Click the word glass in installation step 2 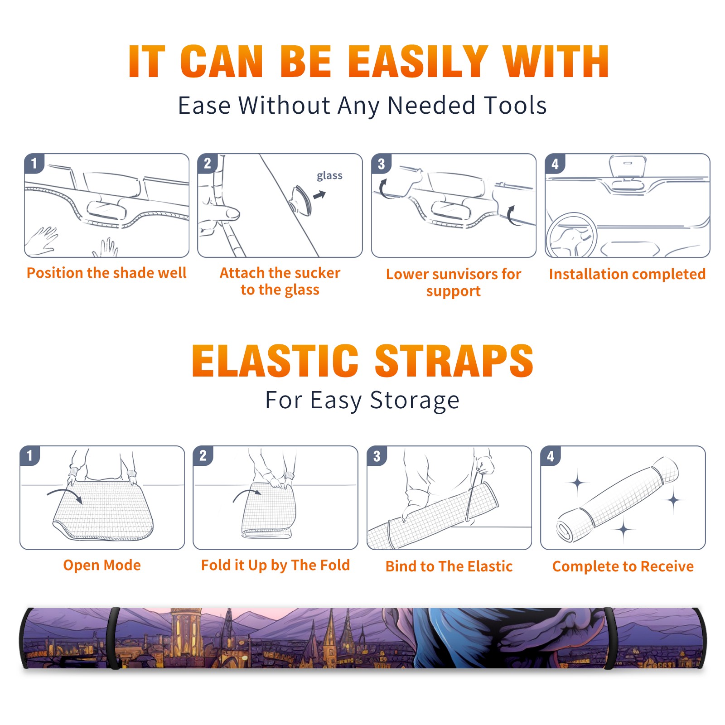coord(329,176)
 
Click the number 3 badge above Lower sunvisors coord(382,164)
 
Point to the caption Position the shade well coord(106,273)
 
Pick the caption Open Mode coord(102,565)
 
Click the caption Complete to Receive coord(623,566)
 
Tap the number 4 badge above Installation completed coord(555,164)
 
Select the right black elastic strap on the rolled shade coord(609,638)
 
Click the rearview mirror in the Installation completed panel coord(628,167)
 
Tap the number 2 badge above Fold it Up coord(203,455)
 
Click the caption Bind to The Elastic coord(449,566)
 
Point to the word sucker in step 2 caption coord(317,273)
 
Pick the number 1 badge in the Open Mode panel coord(30,455)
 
